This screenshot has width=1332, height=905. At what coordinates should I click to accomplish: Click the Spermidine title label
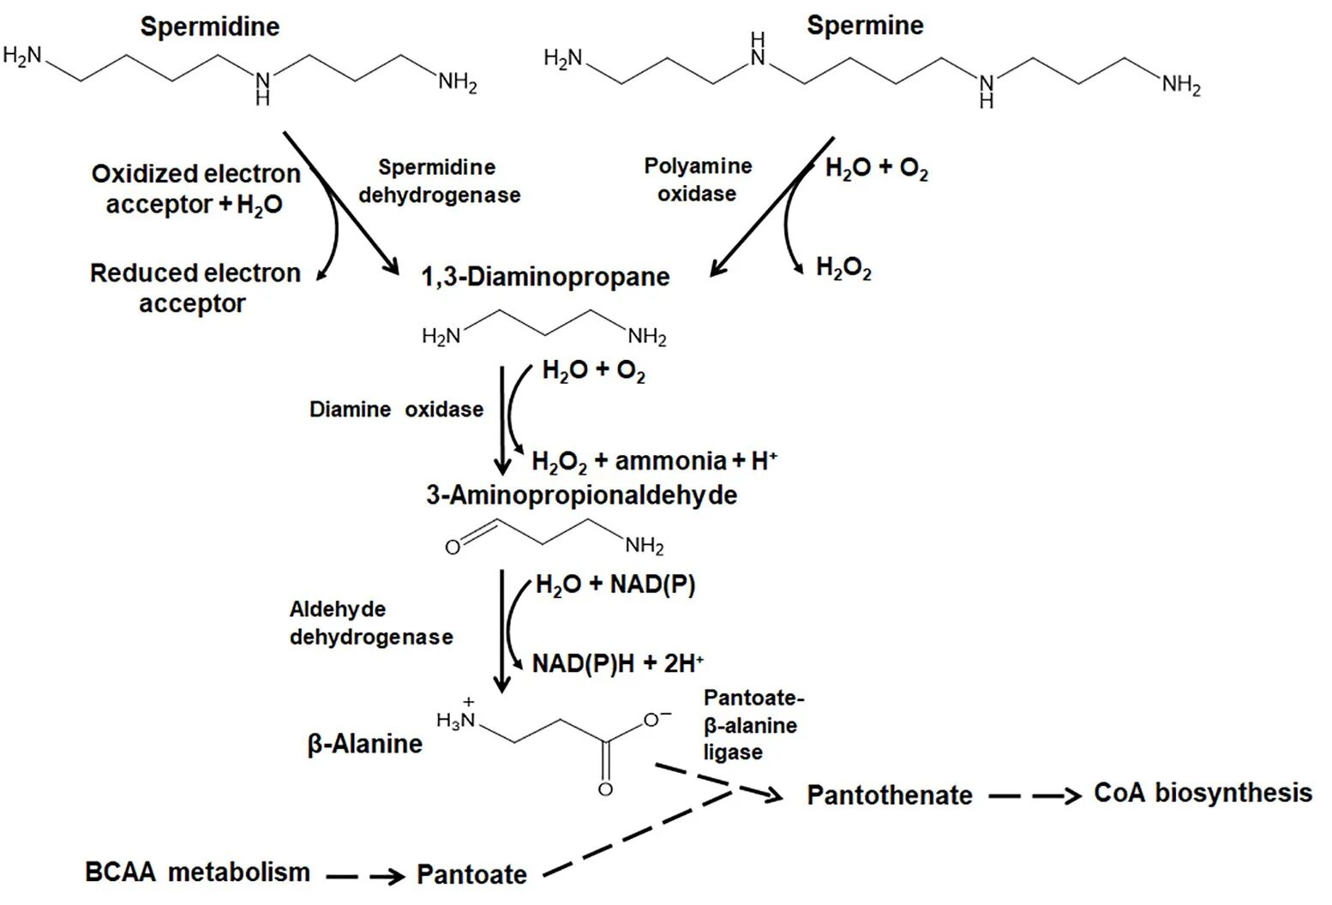[x=210, y=27]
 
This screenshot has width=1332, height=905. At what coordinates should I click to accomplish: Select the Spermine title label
[x=865, y=26]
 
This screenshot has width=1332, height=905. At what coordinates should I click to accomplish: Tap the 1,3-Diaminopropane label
[x=545, y=277]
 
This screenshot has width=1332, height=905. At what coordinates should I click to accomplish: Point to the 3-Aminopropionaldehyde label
[x=581, y=494]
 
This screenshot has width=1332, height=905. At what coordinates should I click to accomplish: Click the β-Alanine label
[x=364, y=743]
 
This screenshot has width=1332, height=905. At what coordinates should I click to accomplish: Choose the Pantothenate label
[x=890, y=795]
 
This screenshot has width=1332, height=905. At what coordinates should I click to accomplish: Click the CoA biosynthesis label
[x=1203, y=793]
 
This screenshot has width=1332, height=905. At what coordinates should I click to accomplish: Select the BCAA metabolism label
[x=197, y=872]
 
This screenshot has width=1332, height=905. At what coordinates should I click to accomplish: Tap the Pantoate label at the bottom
[x=471, y=874]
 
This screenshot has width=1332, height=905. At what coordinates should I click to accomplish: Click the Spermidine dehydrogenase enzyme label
[x=439, y=181]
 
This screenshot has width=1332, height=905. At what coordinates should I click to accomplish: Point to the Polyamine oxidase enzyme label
[x=698, y=180]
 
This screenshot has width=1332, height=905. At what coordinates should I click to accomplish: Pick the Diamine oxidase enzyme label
[x=396, y=410]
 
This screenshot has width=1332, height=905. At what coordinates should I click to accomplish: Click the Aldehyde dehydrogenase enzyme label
[x=370, y=623]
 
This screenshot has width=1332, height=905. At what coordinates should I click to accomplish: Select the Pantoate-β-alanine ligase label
[x=752, y=725]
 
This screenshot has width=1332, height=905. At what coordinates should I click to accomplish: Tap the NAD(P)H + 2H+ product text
[x=617, y=662]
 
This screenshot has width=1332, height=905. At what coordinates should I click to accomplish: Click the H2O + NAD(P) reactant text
[x=615, y=585]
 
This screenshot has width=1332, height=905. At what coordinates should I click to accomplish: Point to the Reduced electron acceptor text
[x=195, y=288]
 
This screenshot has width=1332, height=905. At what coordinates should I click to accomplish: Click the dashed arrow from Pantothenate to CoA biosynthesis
[x=1034, y=796]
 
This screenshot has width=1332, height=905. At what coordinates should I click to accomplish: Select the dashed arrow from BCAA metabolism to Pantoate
[x=365, y=876]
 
